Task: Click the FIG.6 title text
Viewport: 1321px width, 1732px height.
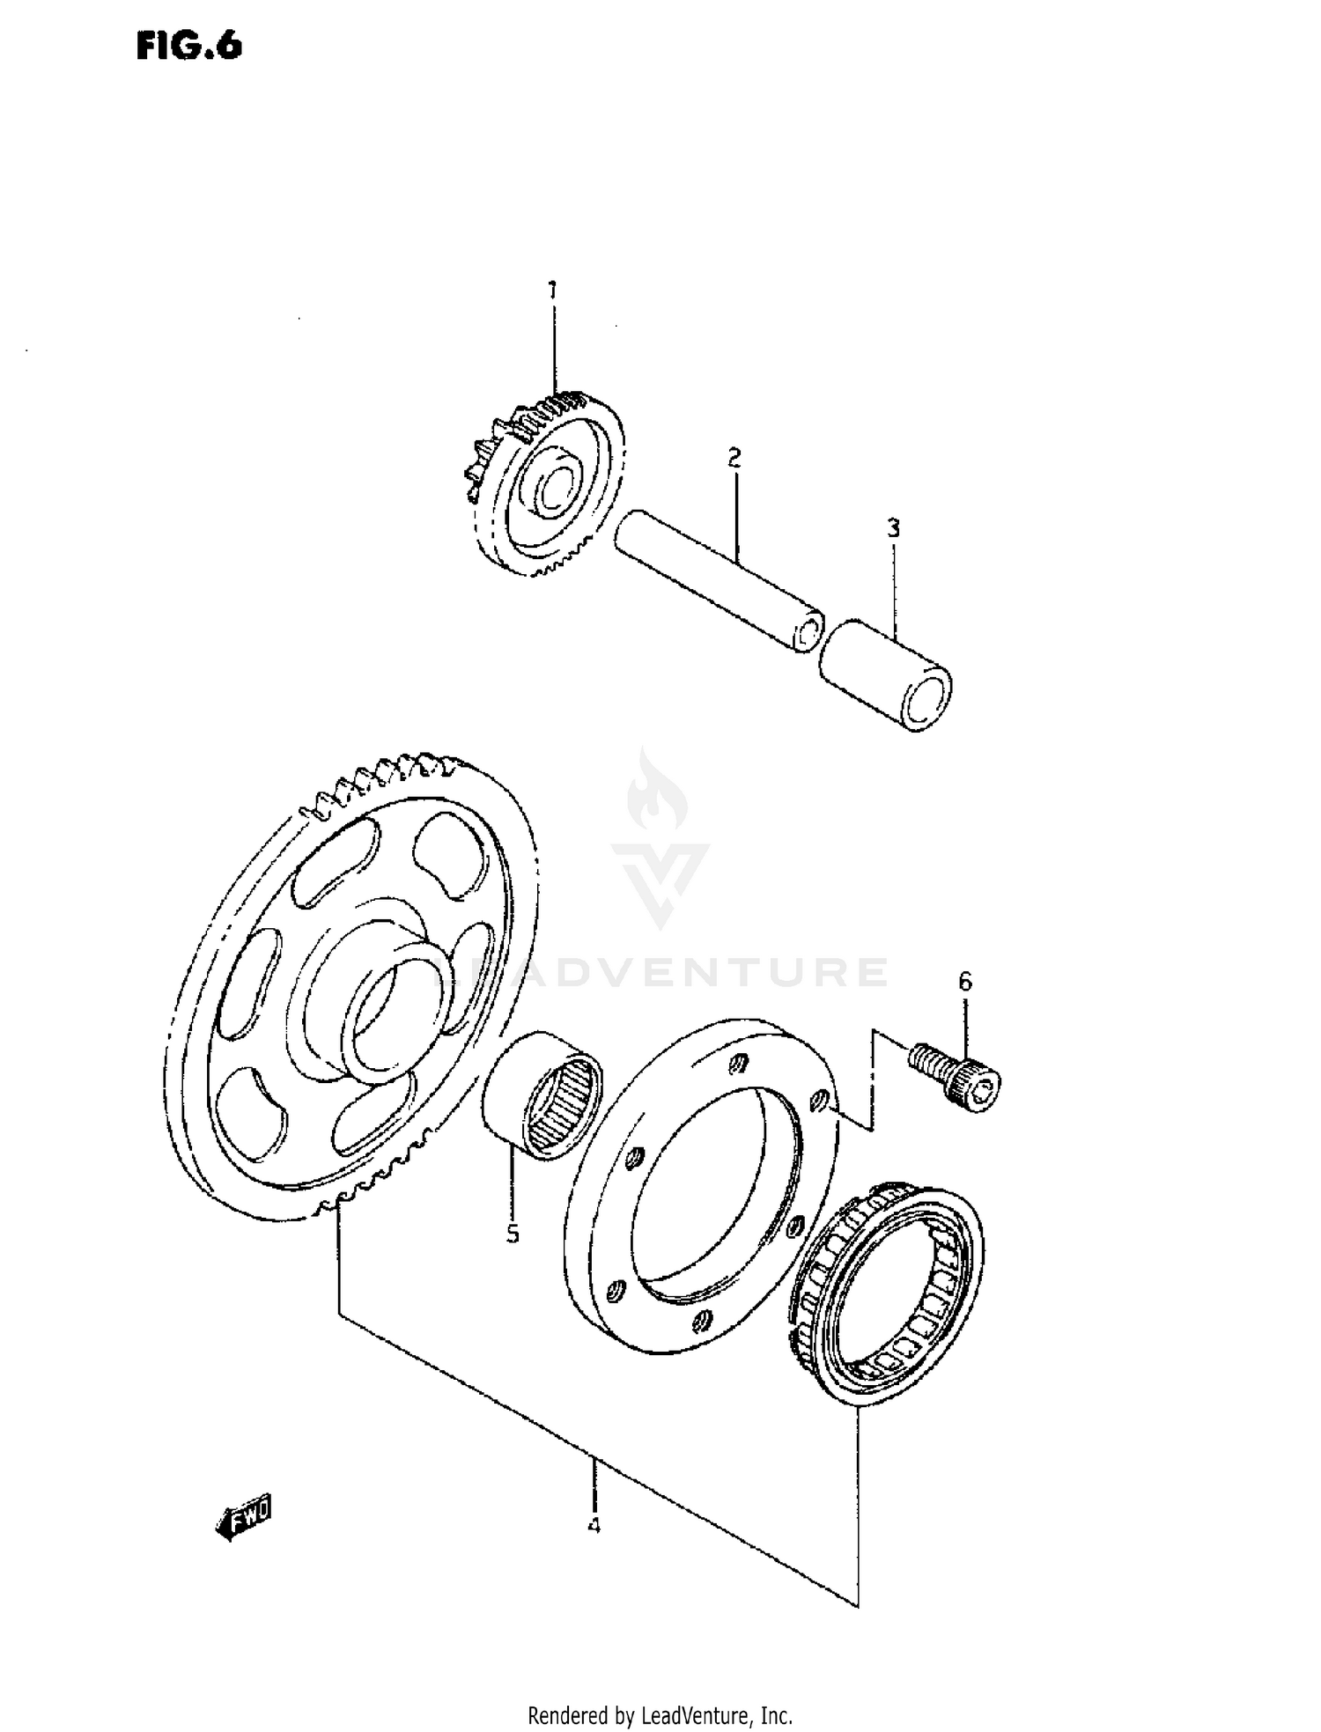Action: click(189, 46)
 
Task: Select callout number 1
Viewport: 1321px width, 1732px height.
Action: click(552, 290)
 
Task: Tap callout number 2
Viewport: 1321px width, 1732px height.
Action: click(734, 457)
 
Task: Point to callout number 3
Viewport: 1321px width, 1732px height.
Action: click(893, 528)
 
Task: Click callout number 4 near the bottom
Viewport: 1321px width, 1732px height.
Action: click(594, 1525)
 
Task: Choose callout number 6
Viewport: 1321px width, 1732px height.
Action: click(965, 981)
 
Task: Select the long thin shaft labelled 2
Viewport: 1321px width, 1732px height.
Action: click(718, 581)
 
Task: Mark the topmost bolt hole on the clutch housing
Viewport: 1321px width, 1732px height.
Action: click(741, 1064)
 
